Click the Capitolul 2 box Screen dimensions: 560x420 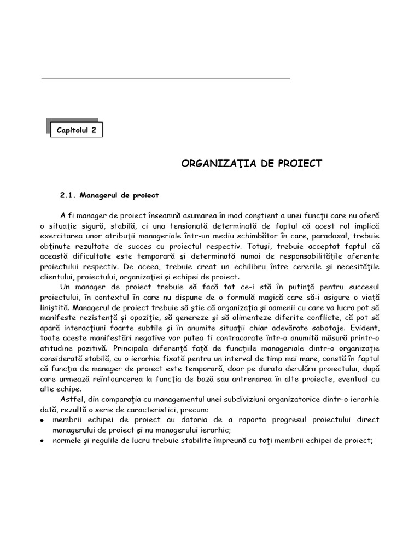pos(76,130)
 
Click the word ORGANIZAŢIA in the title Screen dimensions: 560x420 pos(212,163)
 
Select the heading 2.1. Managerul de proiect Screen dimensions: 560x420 pos(109,195)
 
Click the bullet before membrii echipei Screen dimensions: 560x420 pos(43,420)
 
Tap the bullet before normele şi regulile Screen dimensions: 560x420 pos(43,441)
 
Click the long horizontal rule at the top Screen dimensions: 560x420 pos(166,79)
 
